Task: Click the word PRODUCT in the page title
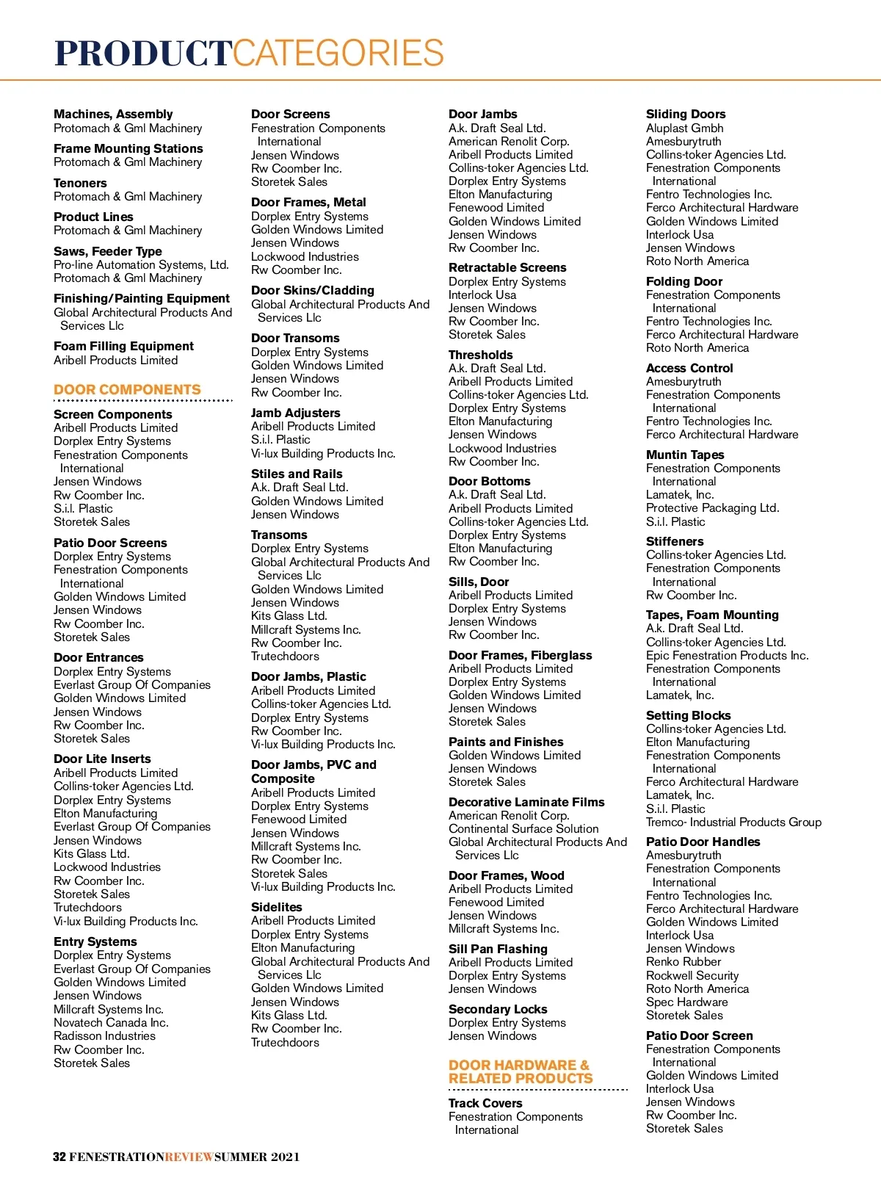pos(143,54)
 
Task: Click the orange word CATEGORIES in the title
pos(338,54)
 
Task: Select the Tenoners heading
pos(80,183)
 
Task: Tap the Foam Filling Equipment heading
pos(123,346)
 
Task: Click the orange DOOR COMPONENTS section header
pos(127,390)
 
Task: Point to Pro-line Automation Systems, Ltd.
pos(141,264)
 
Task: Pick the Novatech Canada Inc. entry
pos(111,1022)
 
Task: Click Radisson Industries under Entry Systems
pos(104,1035)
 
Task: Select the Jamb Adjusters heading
pos(295,413)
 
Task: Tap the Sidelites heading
pos(276,907)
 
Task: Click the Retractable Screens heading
pos(507,267)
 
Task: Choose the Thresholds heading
pos(480,355)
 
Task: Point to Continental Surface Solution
pos(523,828)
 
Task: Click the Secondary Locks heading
pos(497,1009)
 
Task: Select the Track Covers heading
pos(485,1103)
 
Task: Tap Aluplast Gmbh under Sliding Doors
pos(684,128)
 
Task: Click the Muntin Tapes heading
pos(684,455)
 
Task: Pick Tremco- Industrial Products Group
pos(733,822)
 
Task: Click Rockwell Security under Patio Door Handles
pos(692,975)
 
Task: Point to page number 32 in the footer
pos(59,1157)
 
